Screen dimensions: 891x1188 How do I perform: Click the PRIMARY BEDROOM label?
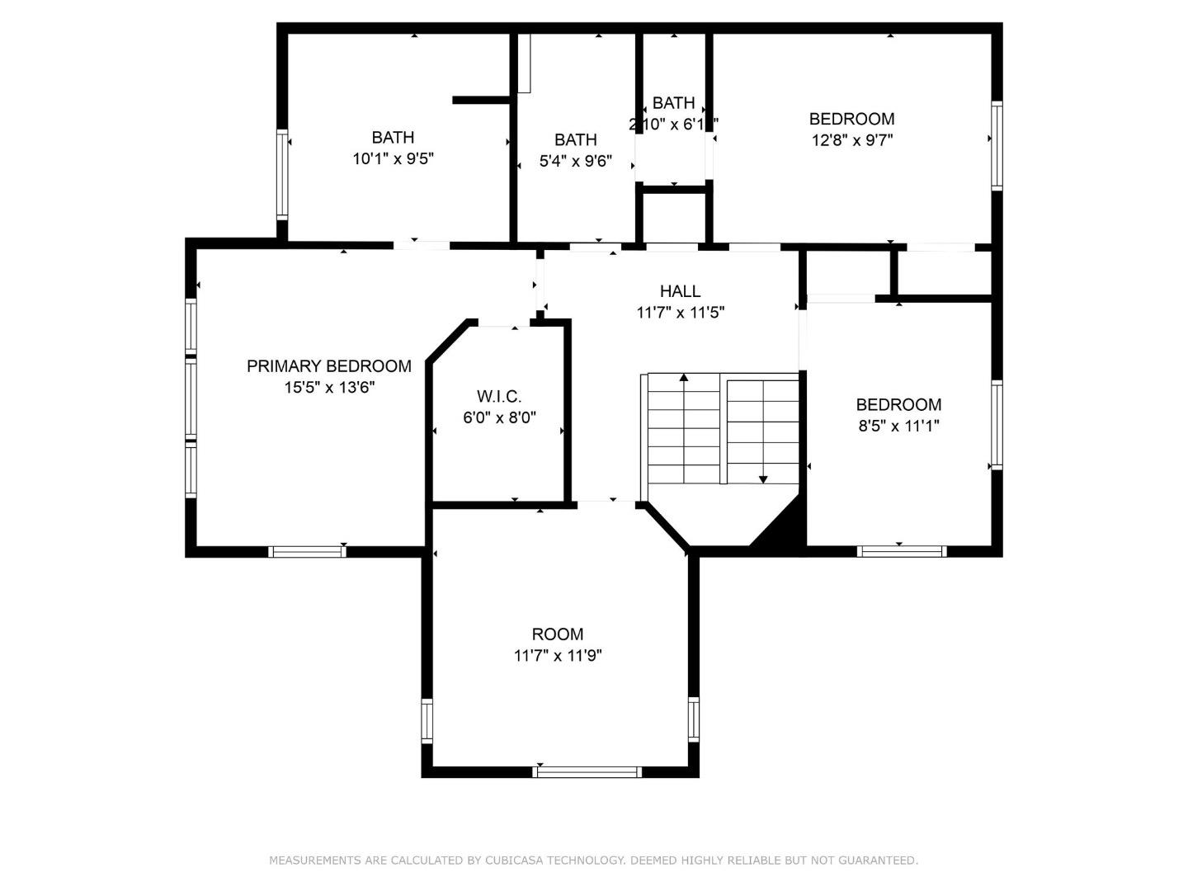coord(328,366)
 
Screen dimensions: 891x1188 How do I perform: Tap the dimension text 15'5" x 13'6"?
coord(330,388)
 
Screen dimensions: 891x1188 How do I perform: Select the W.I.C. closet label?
coord(499,397)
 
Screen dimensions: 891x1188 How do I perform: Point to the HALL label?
coord(680,291)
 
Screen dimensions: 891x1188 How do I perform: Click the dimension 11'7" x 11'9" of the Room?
coord(558,656)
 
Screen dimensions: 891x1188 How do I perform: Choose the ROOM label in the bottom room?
coord(558,634)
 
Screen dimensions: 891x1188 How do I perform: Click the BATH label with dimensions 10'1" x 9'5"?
coord(393,138)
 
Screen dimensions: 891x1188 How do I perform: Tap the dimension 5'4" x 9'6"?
coord(575,162)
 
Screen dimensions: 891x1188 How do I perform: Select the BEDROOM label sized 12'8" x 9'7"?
coord(851,119)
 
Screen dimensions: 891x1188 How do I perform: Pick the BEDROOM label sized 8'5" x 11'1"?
coord(898,405)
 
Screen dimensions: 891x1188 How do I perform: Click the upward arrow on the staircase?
coord(684,378)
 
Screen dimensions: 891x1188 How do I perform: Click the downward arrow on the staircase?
coord(763,478)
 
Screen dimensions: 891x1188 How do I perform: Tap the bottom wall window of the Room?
coord(587,772)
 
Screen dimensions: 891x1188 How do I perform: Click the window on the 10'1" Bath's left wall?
coord(282,174)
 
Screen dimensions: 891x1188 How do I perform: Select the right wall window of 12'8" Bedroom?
coord(997,146)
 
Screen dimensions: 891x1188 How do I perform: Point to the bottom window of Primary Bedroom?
coord(307,552)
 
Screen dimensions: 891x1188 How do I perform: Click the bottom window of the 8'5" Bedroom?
coord(901,551)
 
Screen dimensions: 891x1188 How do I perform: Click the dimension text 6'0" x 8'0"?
coord(499,418)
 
